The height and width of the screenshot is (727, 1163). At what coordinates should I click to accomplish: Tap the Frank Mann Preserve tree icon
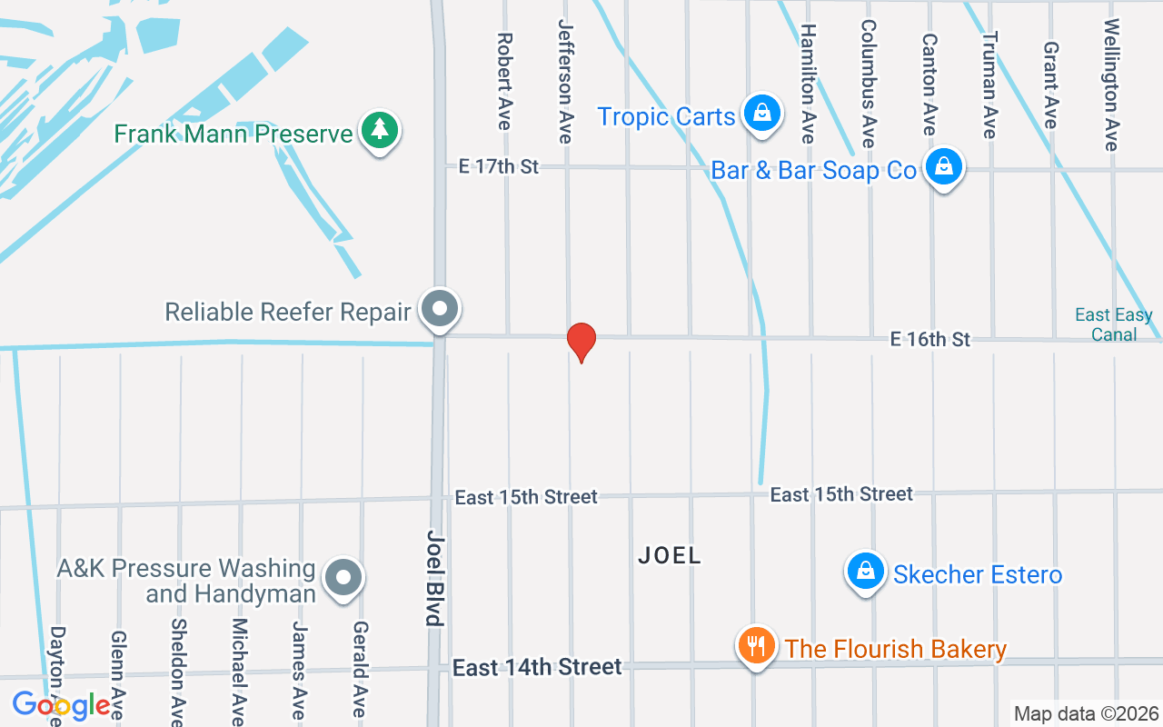(x=380, y=132)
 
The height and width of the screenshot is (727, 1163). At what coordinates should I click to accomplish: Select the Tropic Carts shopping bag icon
(x=762, y=114)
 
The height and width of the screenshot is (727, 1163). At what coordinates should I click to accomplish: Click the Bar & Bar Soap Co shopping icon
(x=944, y=167)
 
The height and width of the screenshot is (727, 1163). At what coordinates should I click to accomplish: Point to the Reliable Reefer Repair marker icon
(x=441, y=309)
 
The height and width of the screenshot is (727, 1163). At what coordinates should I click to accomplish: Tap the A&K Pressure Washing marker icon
(x=343, y=576)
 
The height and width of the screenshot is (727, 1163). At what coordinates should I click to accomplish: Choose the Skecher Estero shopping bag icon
(x=866, y=572)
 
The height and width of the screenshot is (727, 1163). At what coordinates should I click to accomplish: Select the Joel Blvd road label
(x=434, y=578)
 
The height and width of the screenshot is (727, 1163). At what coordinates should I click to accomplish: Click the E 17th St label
(x=499, y=166)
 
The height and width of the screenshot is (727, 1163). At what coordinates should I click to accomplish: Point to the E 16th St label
(x=930, y=339)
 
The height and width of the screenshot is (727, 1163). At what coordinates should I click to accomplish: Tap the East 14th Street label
(x=537, y=668)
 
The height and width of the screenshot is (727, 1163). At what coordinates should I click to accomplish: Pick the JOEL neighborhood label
(x=670, y=555)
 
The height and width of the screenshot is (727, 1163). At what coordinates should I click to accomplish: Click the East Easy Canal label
(x=1113, y=324)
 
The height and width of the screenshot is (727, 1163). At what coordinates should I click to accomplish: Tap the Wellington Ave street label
(x=1110, y=85)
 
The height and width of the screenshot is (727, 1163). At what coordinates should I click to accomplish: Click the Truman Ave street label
(x=989, y=85)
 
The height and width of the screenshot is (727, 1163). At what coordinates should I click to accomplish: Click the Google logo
(x=61, y=704)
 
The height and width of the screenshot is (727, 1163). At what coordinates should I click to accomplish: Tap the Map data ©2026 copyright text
(x=1086, y=714)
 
